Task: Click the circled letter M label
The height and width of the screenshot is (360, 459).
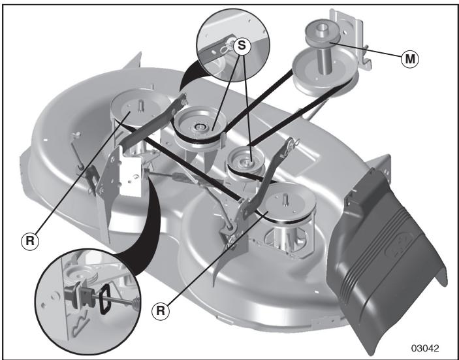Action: point(411,58)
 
